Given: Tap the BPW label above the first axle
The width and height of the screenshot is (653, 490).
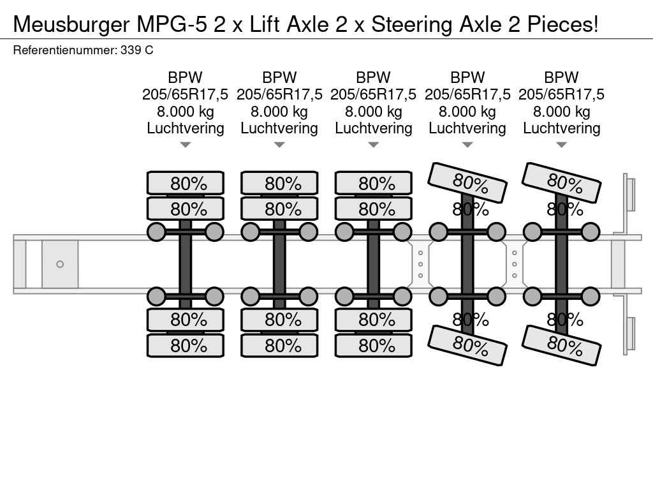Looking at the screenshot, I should point(185,78).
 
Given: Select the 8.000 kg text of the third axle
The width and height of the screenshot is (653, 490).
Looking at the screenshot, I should point(373,112).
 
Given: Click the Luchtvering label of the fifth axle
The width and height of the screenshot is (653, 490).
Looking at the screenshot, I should point(561,128).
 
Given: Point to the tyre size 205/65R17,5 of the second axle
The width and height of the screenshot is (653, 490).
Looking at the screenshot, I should point(279,94).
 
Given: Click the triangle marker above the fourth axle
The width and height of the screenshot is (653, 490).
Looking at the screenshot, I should point(467,145).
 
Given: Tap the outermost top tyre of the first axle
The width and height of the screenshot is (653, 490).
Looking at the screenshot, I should point(186,183).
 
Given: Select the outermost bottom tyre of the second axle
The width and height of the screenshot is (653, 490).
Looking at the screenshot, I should point(279,345).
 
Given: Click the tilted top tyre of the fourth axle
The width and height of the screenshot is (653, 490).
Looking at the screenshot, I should point(468,182).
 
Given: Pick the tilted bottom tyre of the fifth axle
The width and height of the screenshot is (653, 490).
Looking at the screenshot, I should point(562,345).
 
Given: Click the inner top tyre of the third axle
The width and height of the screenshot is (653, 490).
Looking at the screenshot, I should point(374,209).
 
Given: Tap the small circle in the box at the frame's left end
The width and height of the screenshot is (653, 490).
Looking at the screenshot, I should point(60,264).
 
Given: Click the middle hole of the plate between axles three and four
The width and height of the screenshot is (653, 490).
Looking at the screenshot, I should point(420,264).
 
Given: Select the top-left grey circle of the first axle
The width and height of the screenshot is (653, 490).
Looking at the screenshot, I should point(157,232).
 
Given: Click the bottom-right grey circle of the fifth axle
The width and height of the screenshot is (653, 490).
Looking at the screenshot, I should point(591,296).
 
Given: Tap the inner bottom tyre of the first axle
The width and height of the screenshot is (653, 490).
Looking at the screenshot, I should point(186,319).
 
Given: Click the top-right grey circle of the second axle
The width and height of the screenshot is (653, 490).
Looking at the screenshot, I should point(308,232).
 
